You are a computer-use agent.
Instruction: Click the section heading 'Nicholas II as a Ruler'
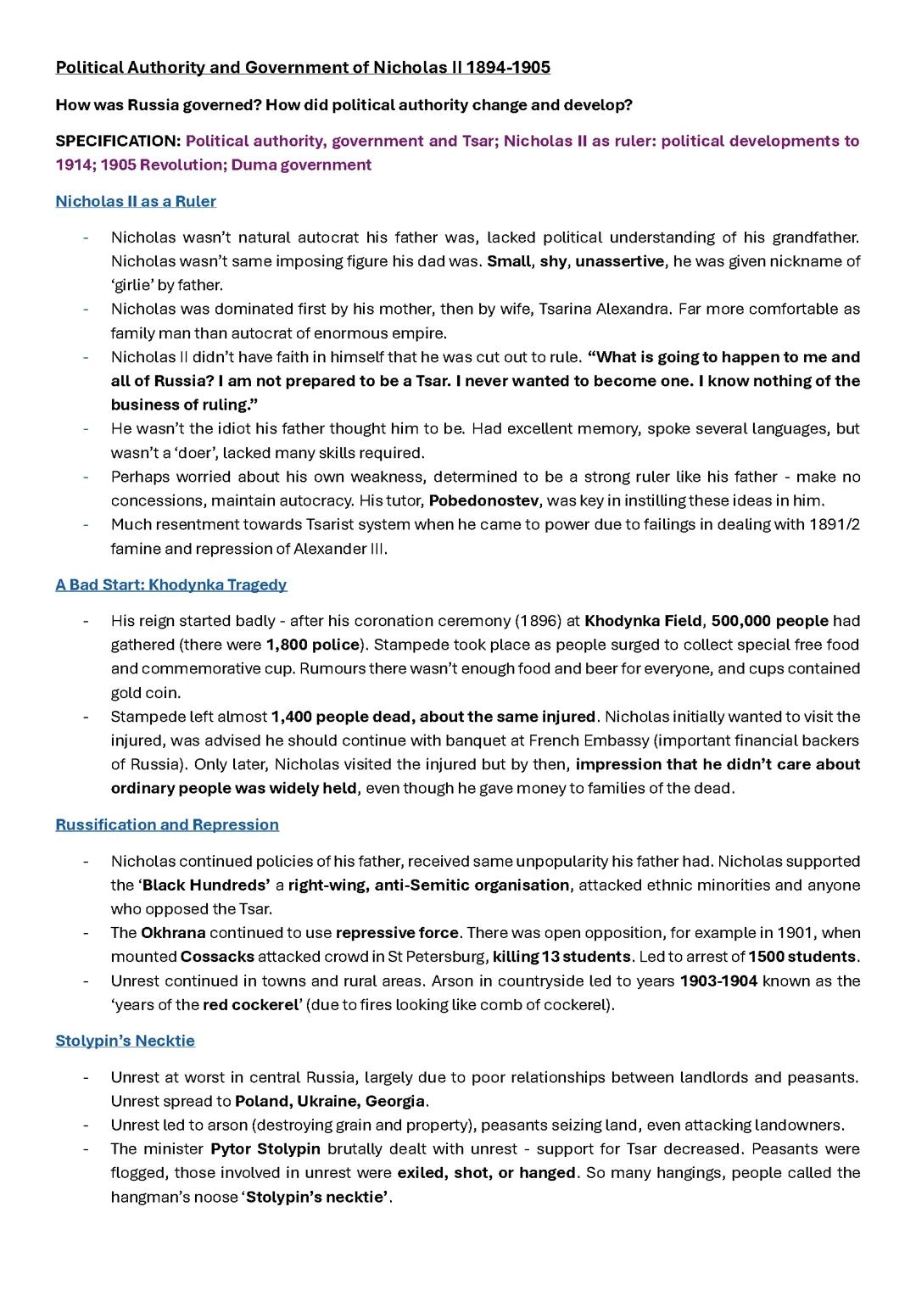tap(136, 201)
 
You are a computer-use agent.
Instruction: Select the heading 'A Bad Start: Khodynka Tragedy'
tap(171, 584)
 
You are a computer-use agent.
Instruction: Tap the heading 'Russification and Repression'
tap(167, 824)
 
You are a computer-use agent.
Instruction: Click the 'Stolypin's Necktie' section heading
tap(125, 1040)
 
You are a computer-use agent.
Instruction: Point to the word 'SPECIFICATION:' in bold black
tap(118, 141)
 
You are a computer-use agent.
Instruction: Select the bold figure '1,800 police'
tap(313, 645)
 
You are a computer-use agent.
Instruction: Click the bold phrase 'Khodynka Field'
tap(643, 621)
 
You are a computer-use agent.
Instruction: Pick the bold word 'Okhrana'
tap(173, 932)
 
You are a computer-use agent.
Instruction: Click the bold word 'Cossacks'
tap(217, 957)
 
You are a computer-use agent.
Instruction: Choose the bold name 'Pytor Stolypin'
tap(265, 1148)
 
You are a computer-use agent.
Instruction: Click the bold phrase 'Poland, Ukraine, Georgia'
tap(330, 1101)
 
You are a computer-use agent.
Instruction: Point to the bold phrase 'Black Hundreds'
tap(205, 885)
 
